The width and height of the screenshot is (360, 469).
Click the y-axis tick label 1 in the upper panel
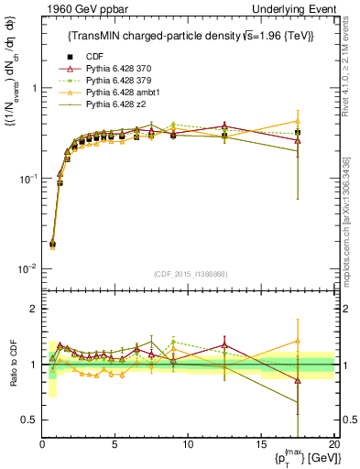pos(33,88)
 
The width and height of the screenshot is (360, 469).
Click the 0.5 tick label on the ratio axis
pos(28,420)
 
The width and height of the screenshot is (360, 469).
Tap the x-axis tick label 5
pos(115,445)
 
